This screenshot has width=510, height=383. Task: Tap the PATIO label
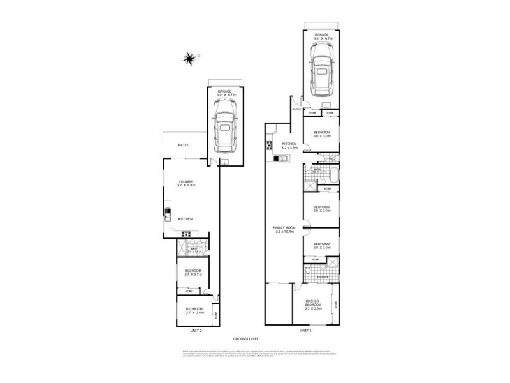click(x=182, y=144)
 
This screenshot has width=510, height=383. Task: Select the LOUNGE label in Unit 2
click(x=186, y=181)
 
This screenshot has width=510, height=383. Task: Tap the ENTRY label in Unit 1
click(x=296, y=109)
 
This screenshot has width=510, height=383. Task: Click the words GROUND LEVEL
click(x=244, y=339)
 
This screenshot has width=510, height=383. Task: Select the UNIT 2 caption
click(x=196, y=331)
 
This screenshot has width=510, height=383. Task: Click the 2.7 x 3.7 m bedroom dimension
click(x=193, y=274)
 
